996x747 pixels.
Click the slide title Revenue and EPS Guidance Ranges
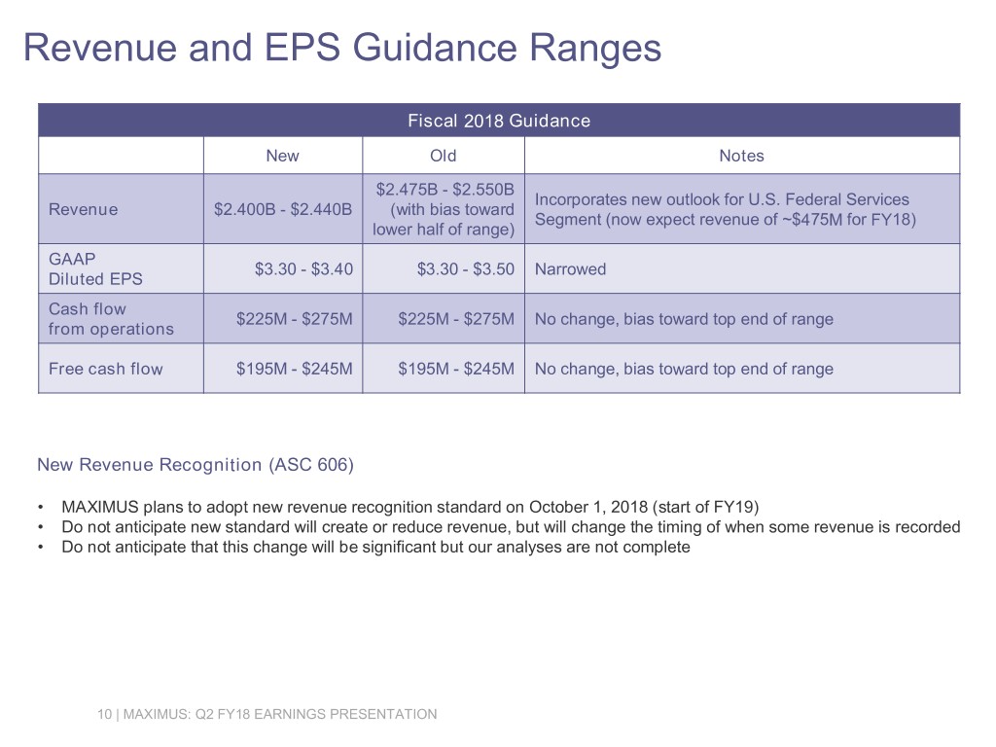coord(342,49)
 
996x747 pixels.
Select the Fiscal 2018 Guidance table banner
coord(499,121)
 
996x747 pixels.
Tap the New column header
coord(283,156)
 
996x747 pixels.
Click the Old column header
coord(444,156)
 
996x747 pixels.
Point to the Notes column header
coord(741,156)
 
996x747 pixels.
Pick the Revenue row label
coord(84,210)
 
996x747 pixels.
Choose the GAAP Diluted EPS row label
coord(96,268)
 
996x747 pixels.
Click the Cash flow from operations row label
coord(111,319)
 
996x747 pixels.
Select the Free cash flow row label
coord(105,369)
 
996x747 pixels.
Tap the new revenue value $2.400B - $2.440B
coord(283,210)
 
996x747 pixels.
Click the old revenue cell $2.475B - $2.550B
coord(444,210)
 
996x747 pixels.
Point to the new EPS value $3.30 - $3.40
coord(303,269)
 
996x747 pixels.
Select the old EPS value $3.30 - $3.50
coord(466,269)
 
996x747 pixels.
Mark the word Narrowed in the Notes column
coord(570,269)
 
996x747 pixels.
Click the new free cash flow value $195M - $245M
coord(294,369)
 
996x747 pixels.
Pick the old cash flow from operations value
coord(456,319)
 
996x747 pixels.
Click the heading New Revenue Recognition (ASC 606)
coord(196,465)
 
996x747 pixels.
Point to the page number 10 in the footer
coord(104,714)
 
